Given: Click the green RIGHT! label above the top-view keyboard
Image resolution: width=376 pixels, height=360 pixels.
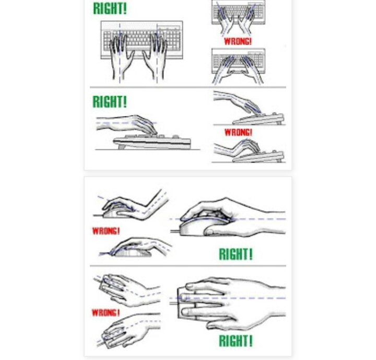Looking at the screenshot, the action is coord(110,8).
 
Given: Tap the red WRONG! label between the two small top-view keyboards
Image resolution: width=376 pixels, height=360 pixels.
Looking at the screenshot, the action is coord(238,41).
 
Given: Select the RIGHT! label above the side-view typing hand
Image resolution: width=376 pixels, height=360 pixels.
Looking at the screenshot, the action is coord(110,101).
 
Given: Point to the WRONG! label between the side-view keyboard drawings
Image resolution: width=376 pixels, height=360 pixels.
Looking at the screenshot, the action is coord(238,132).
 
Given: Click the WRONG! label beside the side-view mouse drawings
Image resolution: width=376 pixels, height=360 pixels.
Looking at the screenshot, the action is coord(106,231).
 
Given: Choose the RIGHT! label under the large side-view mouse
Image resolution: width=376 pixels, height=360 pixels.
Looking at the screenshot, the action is coord(236,254).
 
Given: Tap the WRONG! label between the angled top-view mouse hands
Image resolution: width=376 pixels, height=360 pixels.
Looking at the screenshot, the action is coord(105,312).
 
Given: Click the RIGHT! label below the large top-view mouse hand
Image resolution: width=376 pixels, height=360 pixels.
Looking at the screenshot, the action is coord(236,341).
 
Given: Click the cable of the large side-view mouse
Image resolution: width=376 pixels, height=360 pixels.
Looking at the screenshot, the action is coord(175,231).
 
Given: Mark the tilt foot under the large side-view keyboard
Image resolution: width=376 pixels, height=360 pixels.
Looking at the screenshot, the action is coord(121,146).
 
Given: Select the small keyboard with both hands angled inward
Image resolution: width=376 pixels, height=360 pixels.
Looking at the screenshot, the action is coord(238,66).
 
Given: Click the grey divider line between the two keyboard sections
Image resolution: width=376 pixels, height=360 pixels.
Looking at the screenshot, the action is coord(188,87).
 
